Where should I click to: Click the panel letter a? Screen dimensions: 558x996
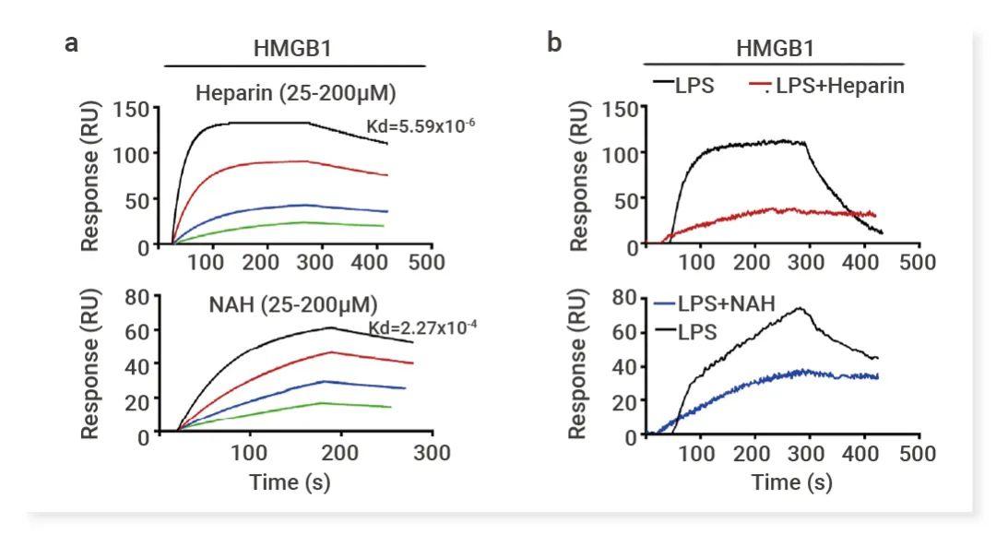(71, 43)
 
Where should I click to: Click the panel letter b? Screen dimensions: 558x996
(554, 43)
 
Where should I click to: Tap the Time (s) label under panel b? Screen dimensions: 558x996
(791, 482)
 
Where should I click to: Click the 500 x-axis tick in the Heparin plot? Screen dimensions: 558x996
(427, 263)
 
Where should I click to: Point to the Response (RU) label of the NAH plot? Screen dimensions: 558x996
(90, 364)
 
